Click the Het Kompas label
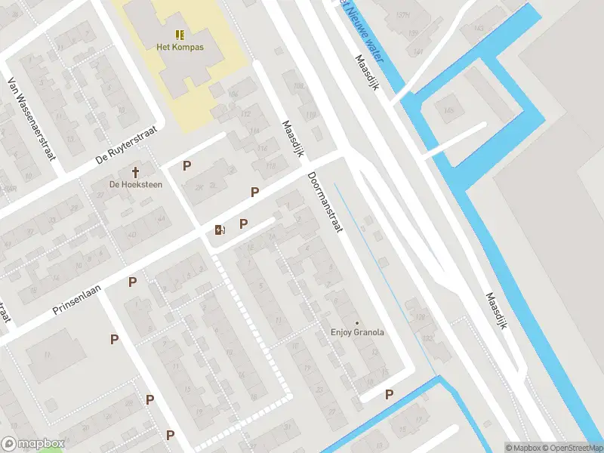click(x=180, y=47)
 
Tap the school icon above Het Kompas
click(x=180, y=35)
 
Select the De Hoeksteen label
click(x=136, y=184)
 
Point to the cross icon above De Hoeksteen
click(x=136, y=172)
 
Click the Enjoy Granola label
click(x=357, y=332)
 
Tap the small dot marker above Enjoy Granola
click(x=357, y=322)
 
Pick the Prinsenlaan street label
click(x=76, y=300)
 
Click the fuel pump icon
click(x=220, y=230)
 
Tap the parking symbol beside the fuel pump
click(x=243, y=223)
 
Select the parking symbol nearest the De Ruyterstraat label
click(x=186, y=166)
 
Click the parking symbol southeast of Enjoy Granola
click(x=390, y=394)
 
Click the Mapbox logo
click(x=32, y=443)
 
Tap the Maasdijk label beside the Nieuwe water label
click(x=373, y=74)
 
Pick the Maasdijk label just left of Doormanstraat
click(x=292, y=139)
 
